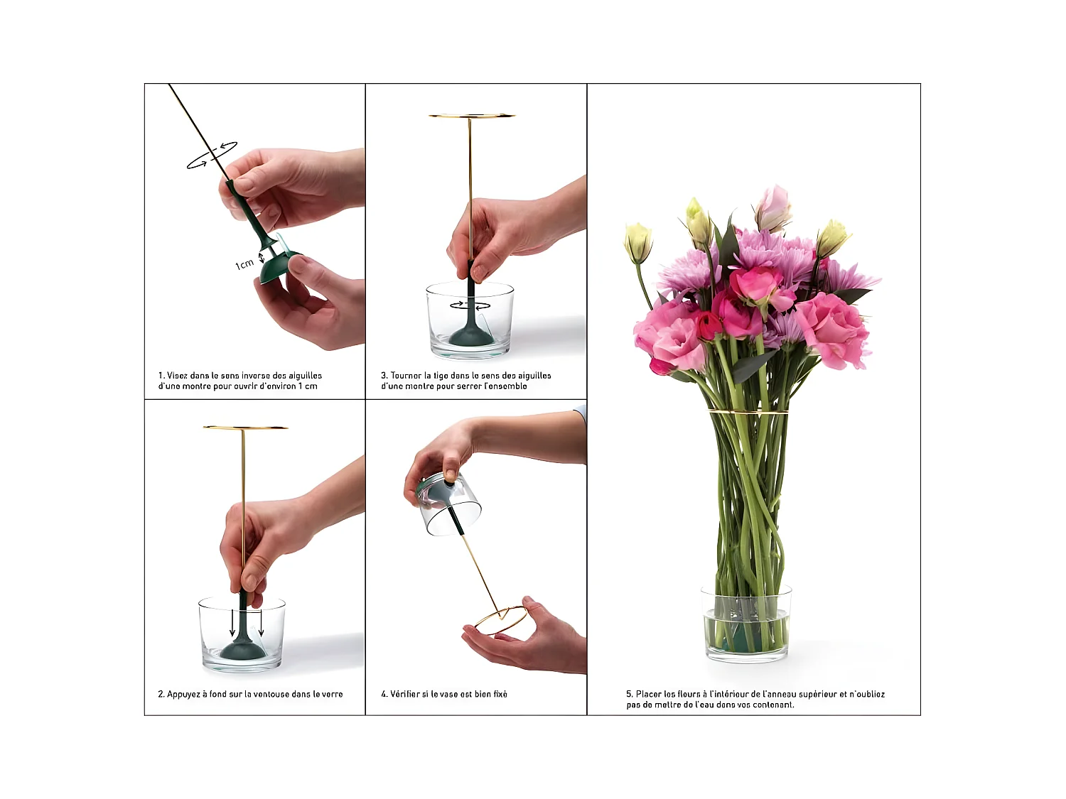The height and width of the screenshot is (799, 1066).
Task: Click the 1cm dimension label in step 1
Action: click(244, 264)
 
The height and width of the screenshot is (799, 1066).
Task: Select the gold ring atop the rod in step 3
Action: click(471, 116)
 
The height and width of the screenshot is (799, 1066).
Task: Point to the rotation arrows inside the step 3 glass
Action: click(470, 305)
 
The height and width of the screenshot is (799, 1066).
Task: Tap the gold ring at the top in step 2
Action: click(245, 428)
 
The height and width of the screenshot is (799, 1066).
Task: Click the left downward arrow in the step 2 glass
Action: click(232, 622)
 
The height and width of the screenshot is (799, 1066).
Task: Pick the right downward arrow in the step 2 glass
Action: click(262, 622)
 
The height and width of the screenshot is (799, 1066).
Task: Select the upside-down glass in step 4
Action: click(448, 504)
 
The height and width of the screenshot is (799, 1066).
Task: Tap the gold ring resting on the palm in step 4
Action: click(500, 621)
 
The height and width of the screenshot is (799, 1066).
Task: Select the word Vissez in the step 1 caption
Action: click(177, 376)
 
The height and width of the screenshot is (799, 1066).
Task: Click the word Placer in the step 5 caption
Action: click(649, 694)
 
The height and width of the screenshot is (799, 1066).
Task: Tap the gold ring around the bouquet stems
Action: click(748, 412)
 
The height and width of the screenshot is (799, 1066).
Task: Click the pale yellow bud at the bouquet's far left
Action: click(637, 243)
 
